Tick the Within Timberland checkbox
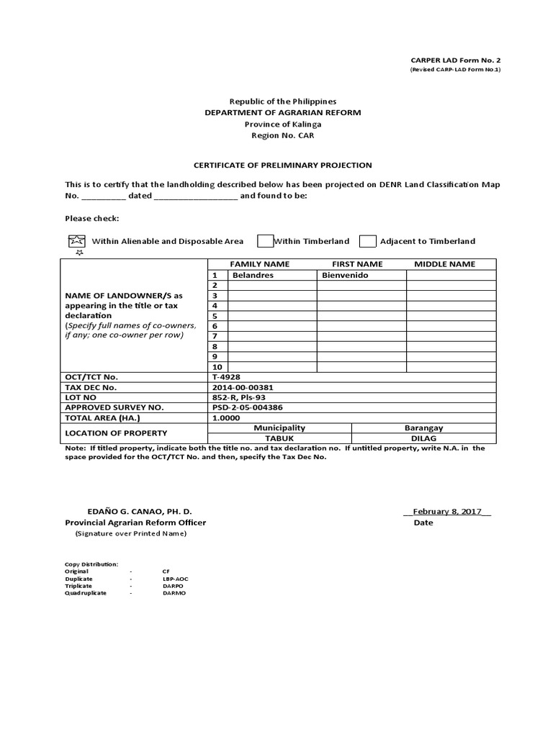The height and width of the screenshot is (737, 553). click(265, 241)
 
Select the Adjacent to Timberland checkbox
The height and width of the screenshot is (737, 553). click(367, 241)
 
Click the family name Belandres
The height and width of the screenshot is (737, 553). click(252, 275)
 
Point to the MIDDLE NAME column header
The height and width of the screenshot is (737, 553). click(445, 264)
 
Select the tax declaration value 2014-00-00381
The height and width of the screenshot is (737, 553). click(243, 386)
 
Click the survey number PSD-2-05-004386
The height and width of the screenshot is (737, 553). click(248, 407)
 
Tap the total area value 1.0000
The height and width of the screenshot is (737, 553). click(226, 417)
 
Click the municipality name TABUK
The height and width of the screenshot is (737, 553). click(279, 437)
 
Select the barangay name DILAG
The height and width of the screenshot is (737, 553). click(423, 437)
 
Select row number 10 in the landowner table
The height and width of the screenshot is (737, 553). click(215, 366)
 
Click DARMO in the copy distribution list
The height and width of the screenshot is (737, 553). click(174, 592)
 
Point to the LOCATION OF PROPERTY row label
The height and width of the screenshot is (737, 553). click(116, 433)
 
